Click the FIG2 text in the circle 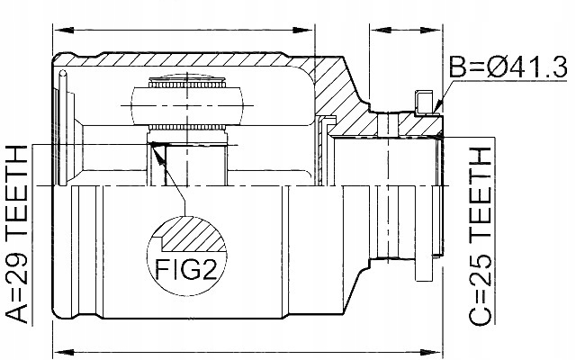pos(188,266)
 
